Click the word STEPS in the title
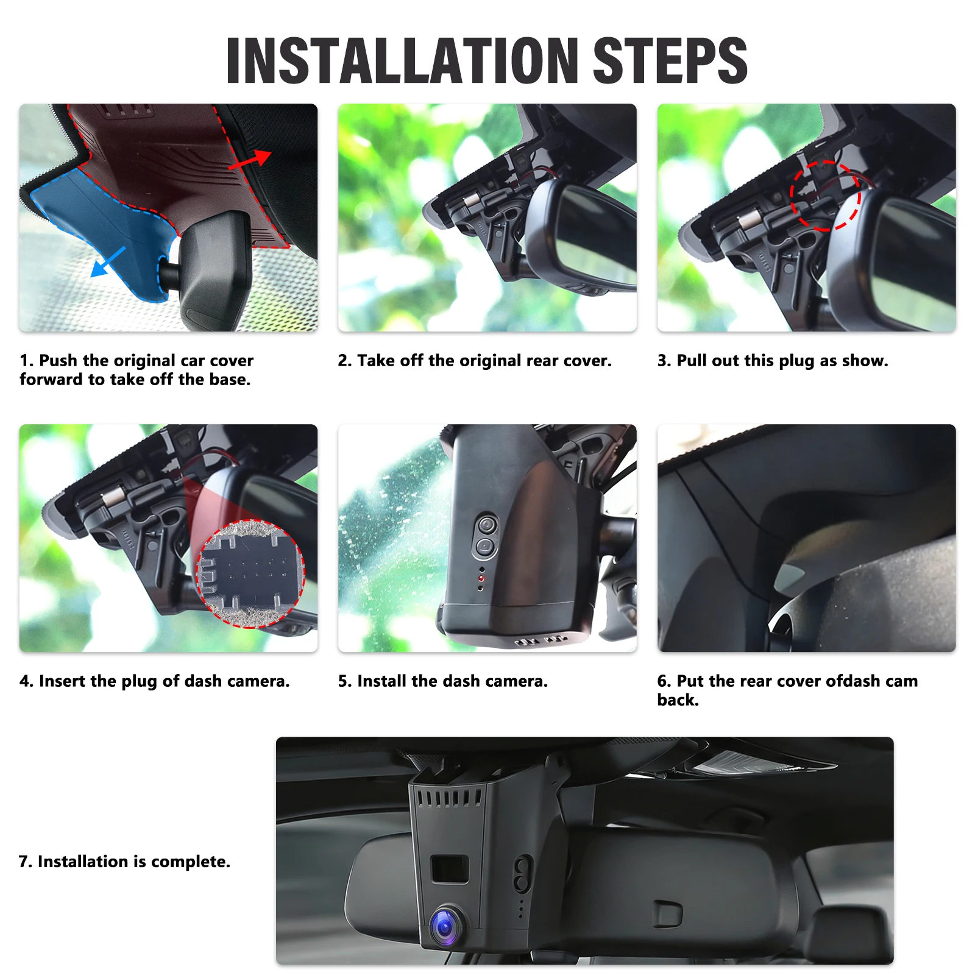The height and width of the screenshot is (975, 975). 670,60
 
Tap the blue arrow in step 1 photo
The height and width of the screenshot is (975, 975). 108,262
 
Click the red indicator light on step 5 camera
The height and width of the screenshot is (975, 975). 481,578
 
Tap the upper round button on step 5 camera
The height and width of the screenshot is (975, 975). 487,525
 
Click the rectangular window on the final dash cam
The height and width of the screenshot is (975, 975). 450,869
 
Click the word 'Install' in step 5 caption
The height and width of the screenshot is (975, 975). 382,681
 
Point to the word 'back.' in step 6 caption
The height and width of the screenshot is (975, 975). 678,700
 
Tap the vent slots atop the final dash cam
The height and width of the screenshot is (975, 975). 450,798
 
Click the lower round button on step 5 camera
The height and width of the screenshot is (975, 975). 485,547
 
